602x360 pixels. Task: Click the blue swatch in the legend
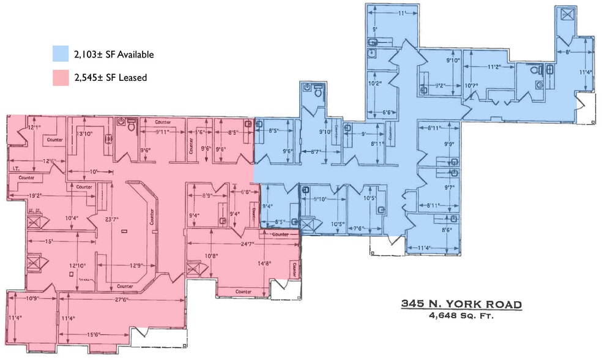pyautogui.click(x=60, y=54)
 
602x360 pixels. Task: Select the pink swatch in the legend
pyautogui.click(x=60, y=77)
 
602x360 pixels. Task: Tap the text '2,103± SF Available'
pyautogui.click(x=114, y=54)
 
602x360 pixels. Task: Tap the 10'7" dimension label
pyautogui.click(x=471, y=85)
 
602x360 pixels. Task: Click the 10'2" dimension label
pyautogui.click(x=375, y=83)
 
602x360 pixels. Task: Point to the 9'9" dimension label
pyautogui.click(x=450, y=145)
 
